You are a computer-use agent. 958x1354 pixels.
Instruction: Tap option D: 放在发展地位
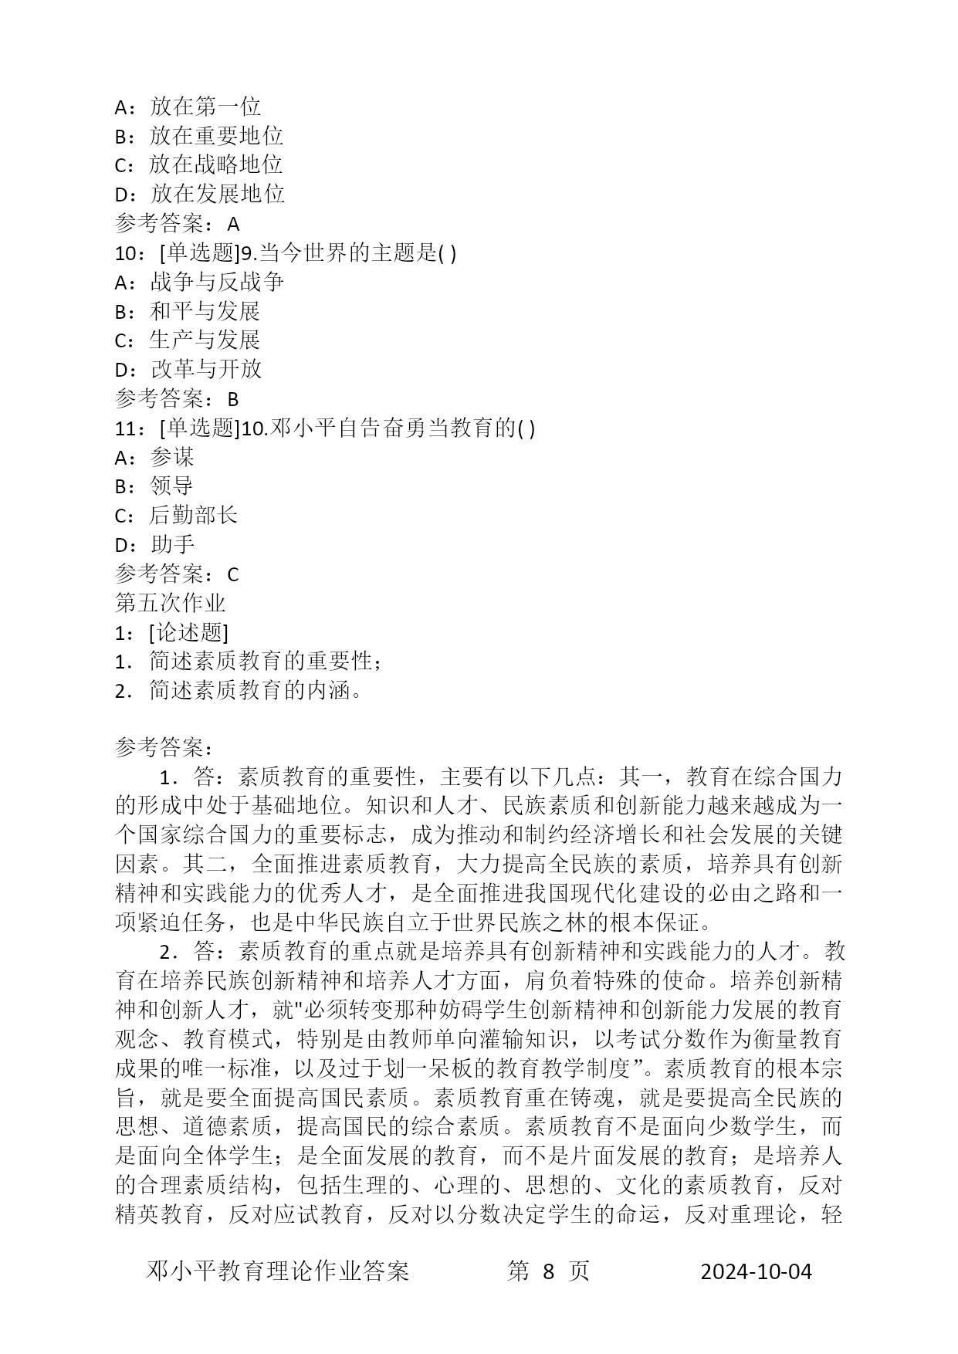[199, 194]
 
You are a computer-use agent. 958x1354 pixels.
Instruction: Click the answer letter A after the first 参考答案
[234, 224]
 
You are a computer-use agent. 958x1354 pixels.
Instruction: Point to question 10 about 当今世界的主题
[285, 253]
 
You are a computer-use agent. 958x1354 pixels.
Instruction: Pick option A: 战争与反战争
[199, 282]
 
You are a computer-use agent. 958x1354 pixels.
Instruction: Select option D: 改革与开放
[188, 369]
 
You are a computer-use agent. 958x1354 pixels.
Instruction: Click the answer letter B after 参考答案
[233, 399]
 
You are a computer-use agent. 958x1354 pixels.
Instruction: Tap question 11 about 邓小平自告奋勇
[324, 428]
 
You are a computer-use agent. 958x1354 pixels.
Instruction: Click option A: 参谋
[154, 457]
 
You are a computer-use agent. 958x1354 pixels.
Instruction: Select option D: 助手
[154, 545]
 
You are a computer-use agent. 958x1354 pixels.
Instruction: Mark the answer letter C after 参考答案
[233, 574]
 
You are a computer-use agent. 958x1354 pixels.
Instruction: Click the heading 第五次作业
[170, 603]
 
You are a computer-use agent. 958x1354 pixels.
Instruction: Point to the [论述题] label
[188, 633]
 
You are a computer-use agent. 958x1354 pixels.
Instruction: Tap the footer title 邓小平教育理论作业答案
[278, 1271]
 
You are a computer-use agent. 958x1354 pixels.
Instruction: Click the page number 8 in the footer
[549, 1271]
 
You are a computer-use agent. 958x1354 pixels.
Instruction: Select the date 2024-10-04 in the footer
[756, 1271]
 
